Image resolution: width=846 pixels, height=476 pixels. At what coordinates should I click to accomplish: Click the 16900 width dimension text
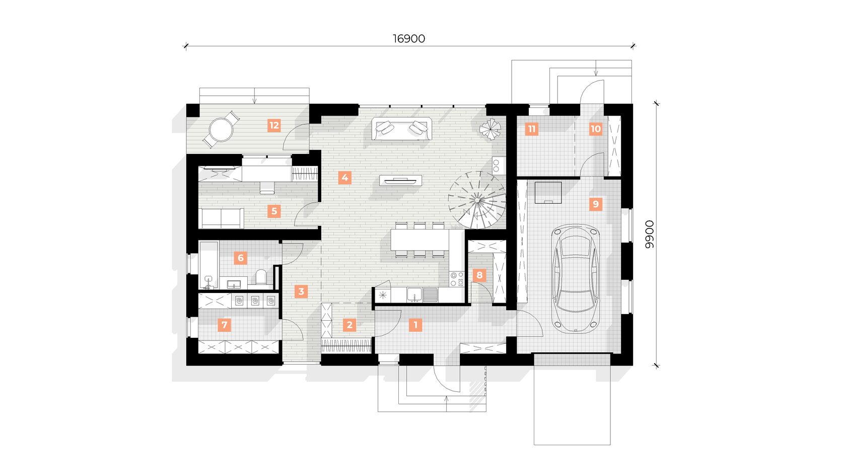tap(409, 38)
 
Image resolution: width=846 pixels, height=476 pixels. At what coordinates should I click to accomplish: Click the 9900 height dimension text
tap(649, 234)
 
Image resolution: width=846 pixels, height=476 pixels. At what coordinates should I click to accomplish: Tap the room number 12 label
tap(274, 125)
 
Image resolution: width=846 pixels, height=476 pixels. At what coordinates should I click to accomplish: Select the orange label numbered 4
tap(344, 177)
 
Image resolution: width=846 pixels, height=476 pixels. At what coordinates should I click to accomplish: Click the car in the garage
tap(575, 279)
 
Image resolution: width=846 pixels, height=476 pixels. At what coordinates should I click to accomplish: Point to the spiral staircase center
tap(477, 200)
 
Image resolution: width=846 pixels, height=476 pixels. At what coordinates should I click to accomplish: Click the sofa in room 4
tap(401, 129)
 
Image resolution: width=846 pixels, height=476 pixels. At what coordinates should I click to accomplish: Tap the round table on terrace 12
tap(221, 130)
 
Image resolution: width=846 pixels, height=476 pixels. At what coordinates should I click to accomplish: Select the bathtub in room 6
tap(208, 265)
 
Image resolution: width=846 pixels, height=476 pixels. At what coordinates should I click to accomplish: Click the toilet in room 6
tap(261, 277)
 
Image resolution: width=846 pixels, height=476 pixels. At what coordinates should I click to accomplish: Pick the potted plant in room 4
tap(490, 129)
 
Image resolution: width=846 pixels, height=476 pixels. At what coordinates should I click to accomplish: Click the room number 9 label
tap(596, 204)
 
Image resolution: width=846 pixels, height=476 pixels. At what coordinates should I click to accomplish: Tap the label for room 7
tap(224, 325)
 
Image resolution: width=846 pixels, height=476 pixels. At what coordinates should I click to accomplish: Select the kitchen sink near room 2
tap(414, 295)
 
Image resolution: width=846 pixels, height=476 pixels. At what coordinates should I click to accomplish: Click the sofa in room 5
tap(222, 218)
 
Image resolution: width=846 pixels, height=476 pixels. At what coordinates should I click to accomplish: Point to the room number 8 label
tap(479, 275)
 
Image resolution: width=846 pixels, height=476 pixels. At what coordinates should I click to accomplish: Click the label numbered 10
tap(596, 129)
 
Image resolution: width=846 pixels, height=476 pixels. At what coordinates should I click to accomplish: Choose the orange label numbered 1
tap(415, 325)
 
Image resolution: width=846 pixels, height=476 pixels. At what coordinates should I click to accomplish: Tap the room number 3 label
tap(301, 291)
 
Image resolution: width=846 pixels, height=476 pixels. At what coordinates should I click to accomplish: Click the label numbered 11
tap(531, 129)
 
